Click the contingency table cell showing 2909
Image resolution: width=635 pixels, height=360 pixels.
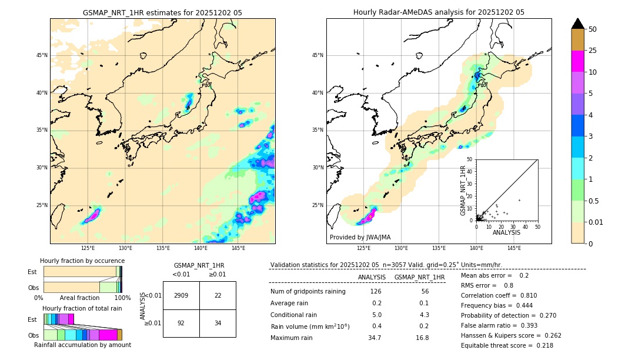click(x=181, y=295)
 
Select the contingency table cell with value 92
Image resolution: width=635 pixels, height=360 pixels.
click(x=181, y=323)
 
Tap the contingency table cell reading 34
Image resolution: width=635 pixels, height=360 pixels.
click(x=218, y=323)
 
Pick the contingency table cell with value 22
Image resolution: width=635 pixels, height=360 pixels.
click(x=218, y=295)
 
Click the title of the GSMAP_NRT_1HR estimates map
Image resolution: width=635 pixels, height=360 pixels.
click(x=162, y=12)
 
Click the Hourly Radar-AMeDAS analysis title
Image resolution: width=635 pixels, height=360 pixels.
click(x=439, y=12)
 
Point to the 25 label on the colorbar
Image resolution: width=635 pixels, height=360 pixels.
click(x=593, y=51)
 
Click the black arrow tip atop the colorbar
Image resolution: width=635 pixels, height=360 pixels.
click(x=578, y=23)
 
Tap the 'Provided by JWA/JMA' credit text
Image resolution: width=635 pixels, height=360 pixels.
click(x=360, y=238)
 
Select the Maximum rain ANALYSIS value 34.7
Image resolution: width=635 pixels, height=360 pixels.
click(x=375, y=338)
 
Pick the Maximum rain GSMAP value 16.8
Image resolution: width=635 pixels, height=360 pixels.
click(x=422, y=338)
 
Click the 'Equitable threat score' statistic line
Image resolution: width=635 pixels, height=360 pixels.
click(x=507, y=345)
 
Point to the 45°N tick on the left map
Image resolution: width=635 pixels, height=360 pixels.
click(x=42, y=55)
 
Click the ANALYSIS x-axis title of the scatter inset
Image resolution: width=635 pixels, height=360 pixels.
click(x=506, y=232)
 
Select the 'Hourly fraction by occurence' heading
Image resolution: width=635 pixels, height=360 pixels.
click(x=82, y=261)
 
